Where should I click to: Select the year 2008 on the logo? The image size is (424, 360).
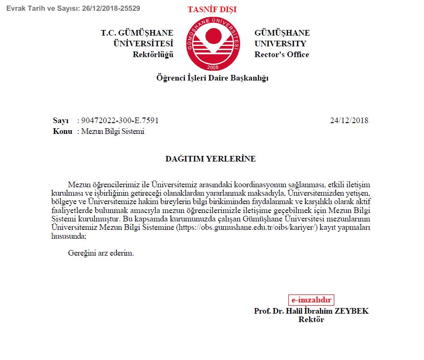(213, 67)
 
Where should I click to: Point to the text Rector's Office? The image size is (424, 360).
(282, 54)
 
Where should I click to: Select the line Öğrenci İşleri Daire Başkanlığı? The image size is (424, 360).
(212, 78)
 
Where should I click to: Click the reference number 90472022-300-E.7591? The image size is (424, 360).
(120, 120)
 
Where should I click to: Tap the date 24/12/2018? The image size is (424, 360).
(349, 120)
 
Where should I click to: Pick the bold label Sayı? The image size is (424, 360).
(61, 120)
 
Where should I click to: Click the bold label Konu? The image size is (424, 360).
(63, 131)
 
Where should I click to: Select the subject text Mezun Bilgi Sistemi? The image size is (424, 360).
(113, 131)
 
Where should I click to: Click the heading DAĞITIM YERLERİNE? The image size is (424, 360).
(211, 159)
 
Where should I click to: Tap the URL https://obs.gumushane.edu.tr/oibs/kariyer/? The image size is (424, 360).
(247, 228)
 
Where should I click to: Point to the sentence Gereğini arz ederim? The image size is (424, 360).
(101, 253)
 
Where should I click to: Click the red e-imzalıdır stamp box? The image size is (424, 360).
(311, 300)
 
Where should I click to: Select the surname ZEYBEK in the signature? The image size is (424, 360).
(351, 311)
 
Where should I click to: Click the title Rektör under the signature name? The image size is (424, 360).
(311, 320)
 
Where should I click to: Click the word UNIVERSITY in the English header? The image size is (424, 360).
(280, 44)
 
